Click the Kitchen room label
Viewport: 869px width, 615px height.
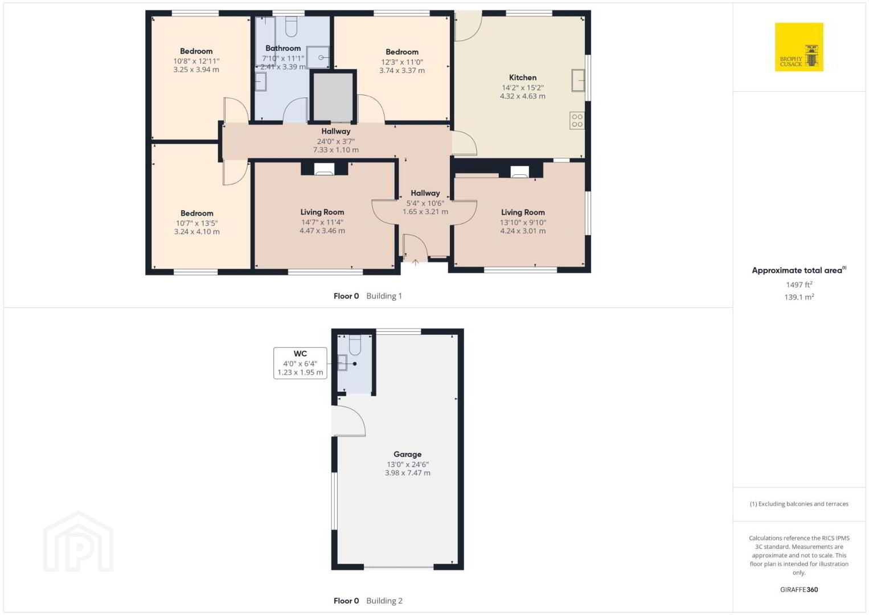[523, 77]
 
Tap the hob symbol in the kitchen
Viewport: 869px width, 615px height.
[577, 120]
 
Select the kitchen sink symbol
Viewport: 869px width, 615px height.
[578, 80]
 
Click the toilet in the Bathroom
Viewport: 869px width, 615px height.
[291, 26]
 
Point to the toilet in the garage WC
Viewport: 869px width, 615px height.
[355, 345]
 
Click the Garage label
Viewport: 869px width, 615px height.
[407, 454]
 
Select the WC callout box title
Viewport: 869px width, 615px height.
[300, 354]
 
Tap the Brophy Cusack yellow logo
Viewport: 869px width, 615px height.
[799, 47]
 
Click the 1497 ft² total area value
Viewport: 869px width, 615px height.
[799, 284]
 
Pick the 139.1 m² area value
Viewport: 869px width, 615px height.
[799, 297]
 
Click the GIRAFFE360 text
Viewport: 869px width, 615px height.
[799, 589]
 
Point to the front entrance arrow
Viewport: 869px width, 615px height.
[415, 263]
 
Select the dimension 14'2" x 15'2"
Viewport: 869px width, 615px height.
[523, 88]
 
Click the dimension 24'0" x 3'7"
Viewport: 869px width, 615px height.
[336, 141]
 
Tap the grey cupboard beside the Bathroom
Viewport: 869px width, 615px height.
[333, 97]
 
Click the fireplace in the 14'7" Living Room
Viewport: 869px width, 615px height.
[325, 169]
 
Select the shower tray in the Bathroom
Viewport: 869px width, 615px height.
[318, 58]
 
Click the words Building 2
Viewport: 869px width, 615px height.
[384, 601]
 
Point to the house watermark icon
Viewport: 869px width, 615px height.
[79, 542]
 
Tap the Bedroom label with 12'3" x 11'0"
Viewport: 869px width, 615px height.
[402, 52]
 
